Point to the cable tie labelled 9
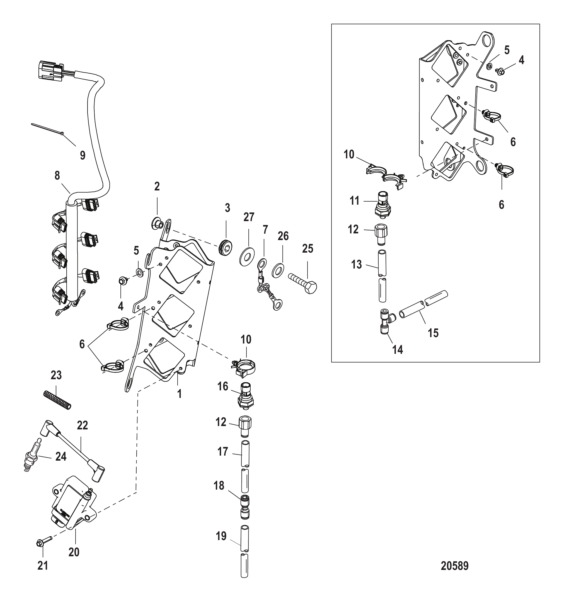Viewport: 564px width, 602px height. (47, 128)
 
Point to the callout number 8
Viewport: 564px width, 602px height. (57, 176)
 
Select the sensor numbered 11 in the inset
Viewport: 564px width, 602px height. (383, 204)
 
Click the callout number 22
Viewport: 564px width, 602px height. (82, 425)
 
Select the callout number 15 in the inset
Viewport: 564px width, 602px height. (433, 333)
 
